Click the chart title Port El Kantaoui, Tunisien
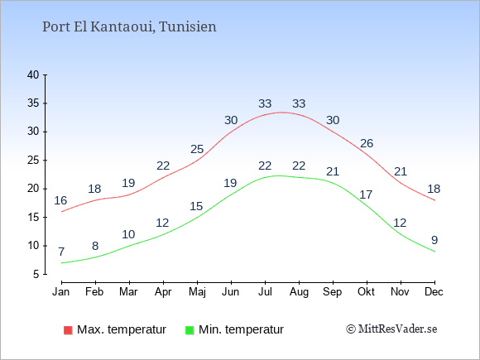tap(129, 27)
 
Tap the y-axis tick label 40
tap(33, 75)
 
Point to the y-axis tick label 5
tap(36, 274)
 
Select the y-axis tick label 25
tap(33, 161)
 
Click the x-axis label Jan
tap(61, 292)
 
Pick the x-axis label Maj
tap(197, 292)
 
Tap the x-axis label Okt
tap(366, 292)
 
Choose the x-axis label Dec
tap(434, 292)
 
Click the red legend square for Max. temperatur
tap(68, 330)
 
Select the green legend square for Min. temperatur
tap(190, 330)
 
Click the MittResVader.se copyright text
tap(391, 329)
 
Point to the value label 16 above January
tap(60, 200)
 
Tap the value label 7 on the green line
tap(61, 252)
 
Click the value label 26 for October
tap(367, 143)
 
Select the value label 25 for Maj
tap(197, 150)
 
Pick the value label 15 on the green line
tap(196, 206)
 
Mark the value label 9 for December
tap(434, 240)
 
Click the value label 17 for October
tap(366, 194)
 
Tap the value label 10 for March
tap(128, 234)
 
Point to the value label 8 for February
tap(95, 246)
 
